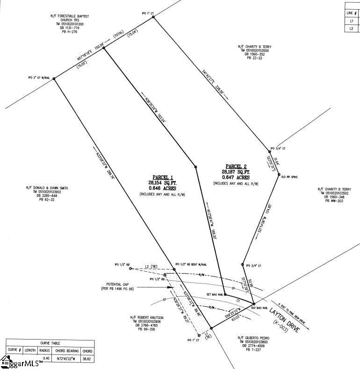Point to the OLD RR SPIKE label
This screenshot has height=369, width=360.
tap(289, 176)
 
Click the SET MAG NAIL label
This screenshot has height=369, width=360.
tap(215, 295)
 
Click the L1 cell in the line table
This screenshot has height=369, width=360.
tap(351, 21)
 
